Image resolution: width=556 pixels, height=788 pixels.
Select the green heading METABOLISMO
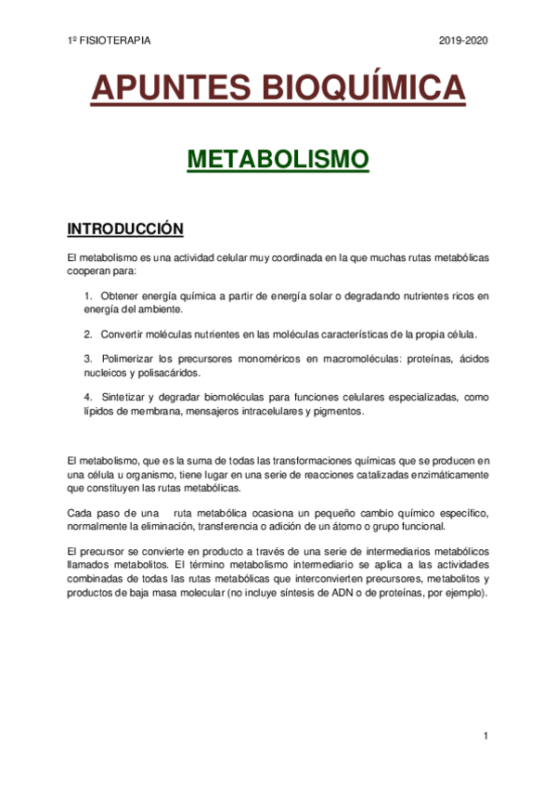point(278,159)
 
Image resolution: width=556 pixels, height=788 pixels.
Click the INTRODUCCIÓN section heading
point(126,229)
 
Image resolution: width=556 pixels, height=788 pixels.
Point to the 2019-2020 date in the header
point(462,41)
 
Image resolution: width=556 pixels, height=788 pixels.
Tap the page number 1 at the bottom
point(485,737)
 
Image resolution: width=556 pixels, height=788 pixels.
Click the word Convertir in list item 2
point(123,334)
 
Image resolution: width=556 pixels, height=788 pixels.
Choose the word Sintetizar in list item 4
point(125,397)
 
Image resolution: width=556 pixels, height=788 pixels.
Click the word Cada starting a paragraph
point(81,513)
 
